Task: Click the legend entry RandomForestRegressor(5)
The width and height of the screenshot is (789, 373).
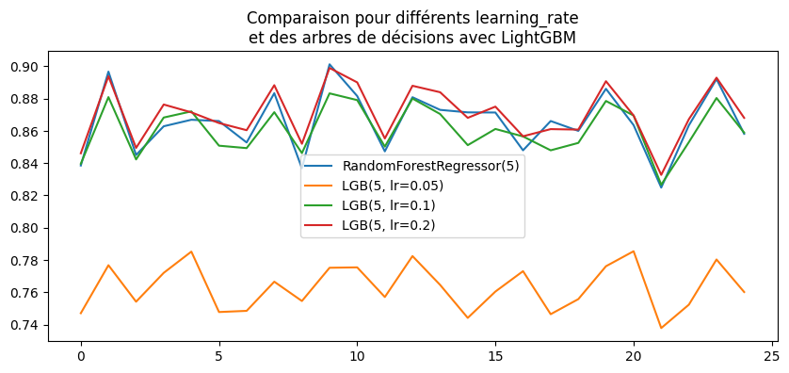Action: click(x=430, y=166)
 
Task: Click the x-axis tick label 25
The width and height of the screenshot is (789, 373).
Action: click(x=771, y=358)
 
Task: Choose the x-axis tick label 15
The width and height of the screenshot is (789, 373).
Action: click(x=495, y=358)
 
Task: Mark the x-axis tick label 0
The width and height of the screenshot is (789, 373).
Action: click(x=81, y=358)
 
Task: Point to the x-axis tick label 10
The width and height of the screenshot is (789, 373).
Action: click(x=357, y=358)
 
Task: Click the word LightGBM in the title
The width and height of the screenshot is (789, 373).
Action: click(x=540, y=38)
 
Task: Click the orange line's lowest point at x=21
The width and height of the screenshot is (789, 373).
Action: click(x=661, y=328)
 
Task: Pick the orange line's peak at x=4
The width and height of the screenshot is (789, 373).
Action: click(x=191, y=251)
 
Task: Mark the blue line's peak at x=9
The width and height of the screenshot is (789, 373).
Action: click(x=330, y=65)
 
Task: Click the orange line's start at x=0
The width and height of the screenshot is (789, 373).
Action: click(x=81, y=313)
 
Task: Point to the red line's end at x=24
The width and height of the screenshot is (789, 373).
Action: click(x=744, y=119)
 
